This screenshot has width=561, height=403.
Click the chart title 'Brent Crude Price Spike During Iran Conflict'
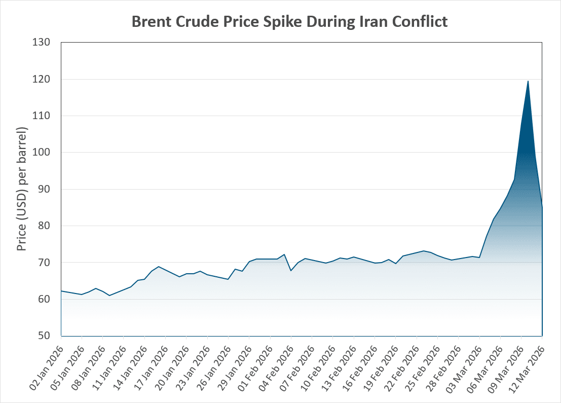tap(289, 22)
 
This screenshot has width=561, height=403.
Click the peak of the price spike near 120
tap(528, 81)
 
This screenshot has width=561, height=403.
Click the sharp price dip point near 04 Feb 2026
tap(291, 271)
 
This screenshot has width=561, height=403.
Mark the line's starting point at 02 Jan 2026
tap(61, 291)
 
